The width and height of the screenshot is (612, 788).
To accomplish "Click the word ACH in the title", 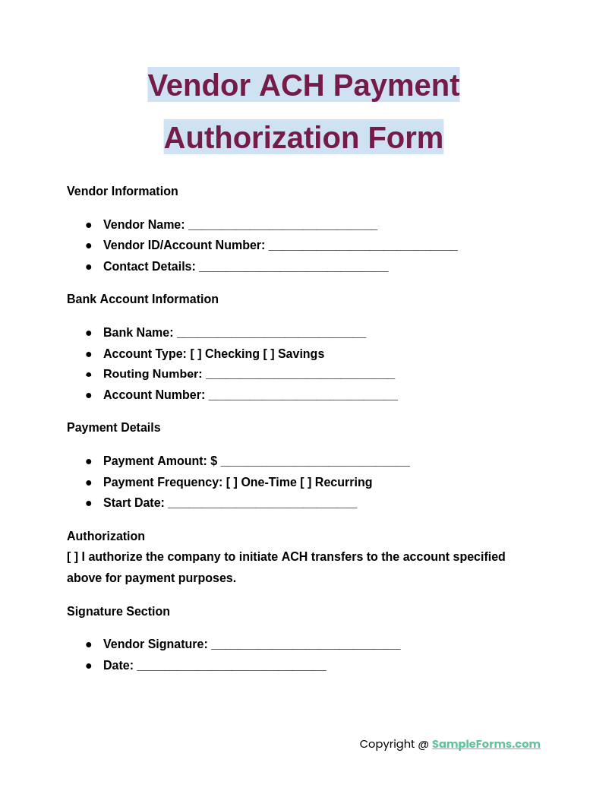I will [x=292, y=85].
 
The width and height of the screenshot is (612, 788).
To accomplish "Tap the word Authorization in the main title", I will [x=261, y=138].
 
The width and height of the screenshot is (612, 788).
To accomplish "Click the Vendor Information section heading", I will [x=122, y=191].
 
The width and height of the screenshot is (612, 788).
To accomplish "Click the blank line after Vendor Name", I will [x=282, y=226].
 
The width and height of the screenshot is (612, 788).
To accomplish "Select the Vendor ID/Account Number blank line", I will [x=363, y=246].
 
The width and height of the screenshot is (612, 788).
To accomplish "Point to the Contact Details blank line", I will [x=293, y=267].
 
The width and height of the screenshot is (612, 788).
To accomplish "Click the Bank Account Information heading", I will [x=143, y=299].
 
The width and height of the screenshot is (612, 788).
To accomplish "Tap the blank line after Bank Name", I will [x=271, y=334].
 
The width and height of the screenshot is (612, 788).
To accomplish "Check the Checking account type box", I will [x=196, y=354].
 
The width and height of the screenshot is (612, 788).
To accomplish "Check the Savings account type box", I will [x=269, y=354].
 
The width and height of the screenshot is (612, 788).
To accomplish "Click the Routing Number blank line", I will [x=300, y=375].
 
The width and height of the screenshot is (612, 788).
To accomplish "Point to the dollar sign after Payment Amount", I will [x=214, y=461].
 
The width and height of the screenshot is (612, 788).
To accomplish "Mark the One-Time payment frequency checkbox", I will [x=232, y=483].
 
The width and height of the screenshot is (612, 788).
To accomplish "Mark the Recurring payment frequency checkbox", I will [x=306, y=483].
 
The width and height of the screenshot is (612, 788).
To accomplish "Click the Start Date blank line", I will [x=262, y=504].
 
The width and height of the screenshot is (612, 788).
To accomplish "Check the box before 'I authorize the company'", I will [x=73, y=557].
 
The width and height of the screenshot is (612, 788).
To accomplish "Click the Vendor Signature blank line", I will [x=305, y=645].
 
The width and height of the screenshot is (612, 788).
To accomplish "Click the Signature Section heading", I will [x=118, y=612].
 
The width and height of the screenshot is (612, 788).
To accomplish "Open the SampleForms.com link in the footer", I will [x=486, y=744].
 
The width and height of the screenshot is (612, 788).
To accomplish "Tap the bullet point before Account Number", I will [x=89, y=395].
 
